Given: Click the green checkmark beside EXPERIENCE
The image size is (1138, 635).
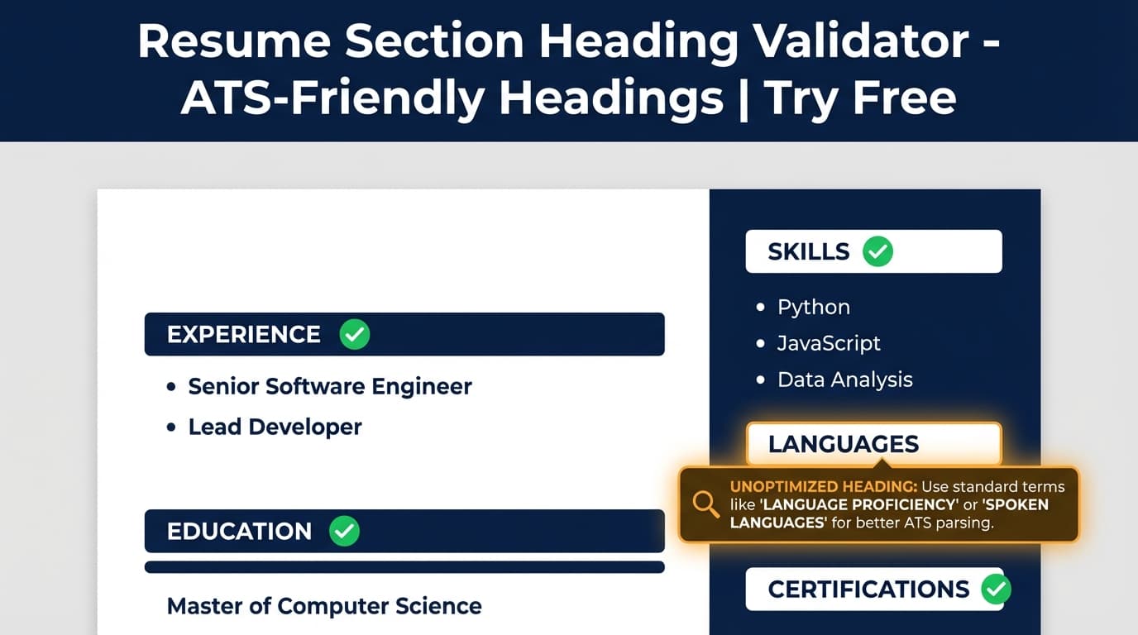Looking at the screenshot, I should (x=355, y=334).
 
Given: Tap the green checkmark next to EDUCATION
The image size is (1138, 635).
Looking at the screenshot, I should (x=344, y=531).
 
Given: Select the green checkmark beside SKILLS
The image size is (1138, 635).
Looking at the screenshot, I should (x=877, y=251).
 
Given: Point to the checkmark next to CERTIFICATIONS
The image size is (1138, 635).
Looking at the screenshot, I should (x=996, y=589).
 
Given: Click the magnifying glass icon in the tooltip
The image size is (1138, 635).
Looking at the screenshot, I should (x=705, y=503).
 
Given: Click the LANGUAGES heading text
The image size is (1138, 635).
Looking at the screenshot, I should (x=843, y=444).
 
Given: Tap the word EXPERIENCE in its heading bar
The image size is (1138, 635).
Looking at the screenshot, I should (x=243, y=334).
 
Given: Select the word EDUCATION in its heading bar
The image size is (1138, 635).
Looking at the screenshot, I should (x=239, y=531).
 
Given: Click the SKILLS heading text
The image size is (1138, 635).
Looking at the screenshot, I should (x=808, y=251).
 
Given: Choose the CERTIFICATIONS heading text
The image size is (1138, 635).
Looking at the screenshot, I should (x=868, y=589).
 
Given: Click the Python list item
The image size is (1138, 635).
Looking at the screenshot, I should (x=813, y=307).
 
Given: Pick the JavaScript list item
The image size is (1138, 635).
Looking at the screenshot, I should (x=829, y=343).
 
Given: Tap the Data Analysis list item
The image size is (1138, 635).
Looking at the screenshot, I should (x=844, y=380).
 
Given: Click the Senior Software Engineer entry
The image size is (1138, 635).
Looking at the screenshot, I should (x=330, y=386).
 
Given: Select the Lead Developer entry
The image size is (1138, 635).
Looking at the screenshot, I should (x=275, y=427).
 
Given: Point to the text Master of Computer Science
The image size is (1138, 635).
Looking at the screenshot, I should (x=324, y=606).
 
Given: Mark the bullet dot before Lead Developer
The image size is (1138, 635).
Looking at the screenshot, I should (x=171, y=427).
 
